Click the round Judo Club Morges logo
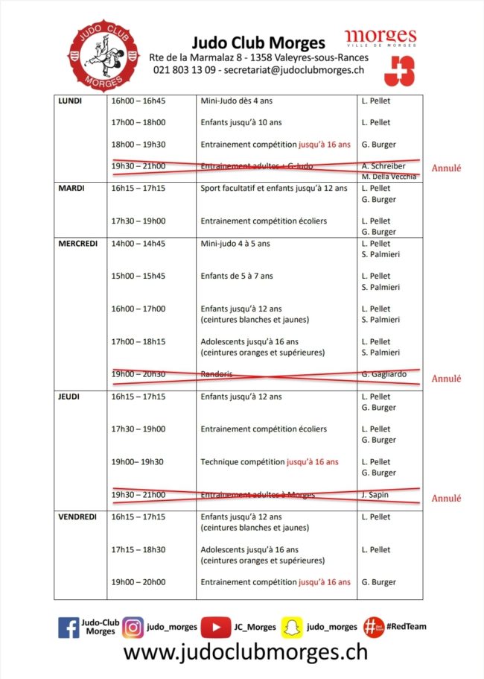coord(104,54)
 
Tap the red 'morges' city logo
coord(380,39)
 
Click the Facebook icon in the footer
coord(69,628)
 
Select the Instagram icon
coord(133,628)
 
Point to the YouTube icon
coord(216,628)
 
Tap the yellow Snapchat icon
coord(290,628)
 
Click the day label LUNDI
coord(70,101)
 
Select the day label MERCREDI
coord(77,243)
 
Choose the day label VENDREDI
coord(77,517)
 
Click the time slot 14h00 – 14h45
coord(138,243)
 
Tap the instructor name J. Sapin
coord(375,494)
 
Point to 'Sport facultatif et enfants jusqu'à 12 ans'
coord(274,189)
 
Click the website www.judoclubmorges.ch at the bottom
coord(245,652)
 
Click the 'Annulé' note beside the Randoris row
coord(447,379)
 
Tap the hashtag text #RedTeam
coord(406,627)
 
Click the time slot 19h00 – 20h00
coord(138,582)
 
